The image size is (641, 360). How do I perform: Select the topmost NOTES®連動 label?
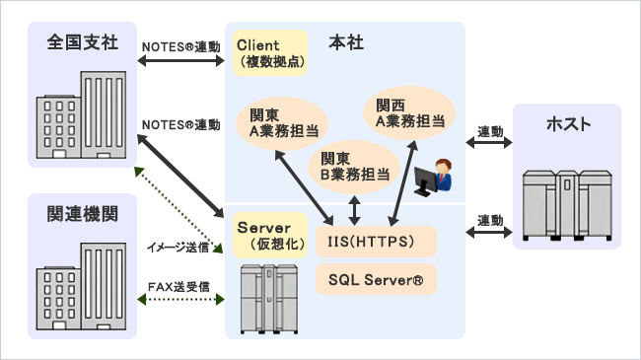click(181, 45)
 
